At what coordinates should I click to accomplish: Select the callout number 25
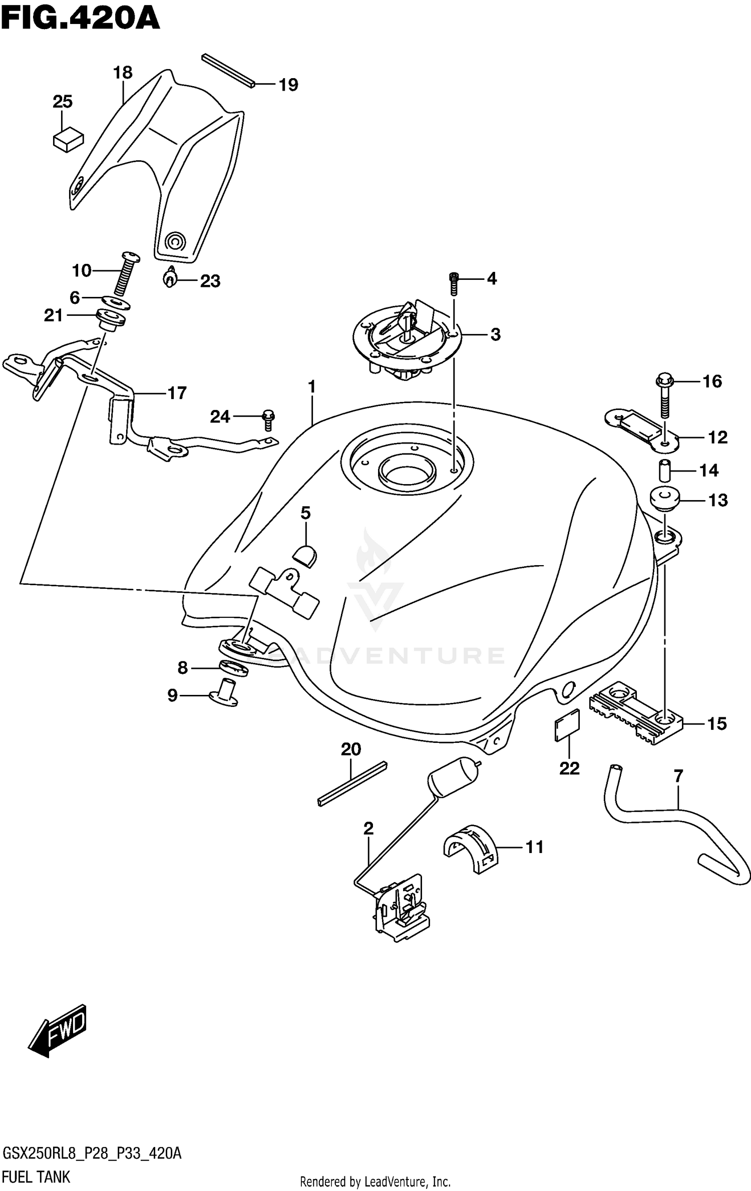pyautogui.click(x=63, y=102)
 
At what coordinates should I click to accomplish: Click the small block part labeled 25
pyautogui.click(x=68, y=139)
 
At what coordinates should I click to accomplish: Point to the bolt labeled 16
pyautogui.click(x=664, y=398)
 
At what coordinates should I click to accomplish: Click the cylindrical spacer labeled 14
pyautogui.click(x=663, y=471)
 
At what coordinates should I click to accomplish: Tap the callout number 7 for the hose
pyautogui.click(x=678, y=776)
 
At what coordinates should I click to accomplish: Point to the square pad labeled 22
pyautogui.click(x=567, y=725)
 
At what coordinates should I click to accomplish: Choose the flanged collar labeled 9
pyautogui.click(x=224, y=692)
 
